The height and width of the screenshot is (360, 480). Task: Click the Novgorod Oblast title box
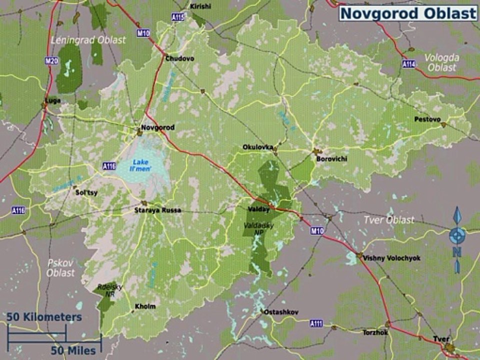click(408, 13)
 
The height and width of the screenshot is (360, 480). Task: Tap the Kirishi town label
click(200, 6)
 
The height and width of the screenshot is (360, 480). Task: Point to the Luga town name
click(53, 100)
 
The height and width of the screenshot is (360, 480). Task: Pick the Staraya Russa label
click(157, 210)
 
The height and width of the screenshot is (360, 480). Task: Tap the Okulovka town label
click(258, 147)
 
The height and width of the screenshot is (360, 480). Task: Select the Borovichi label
click(332, 159)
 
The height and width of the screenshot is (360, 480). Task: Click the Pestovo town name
click(427, 119)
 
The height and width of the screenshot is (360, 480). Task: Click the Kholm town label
click(145, 306)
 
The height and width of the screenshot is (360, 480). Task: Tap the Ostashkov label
click(281, 312)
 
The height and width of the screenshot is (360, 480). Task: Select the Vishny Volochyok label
click(392, 258)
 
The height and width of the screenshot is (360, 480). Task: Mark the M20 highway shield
click(51, 61)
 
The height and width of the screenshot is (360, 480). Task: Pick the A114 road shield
click(408, 64)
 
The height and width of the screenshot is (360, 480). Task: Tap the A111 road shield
click(316, 323)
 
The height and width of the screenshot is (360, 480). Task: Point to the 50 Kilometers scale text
click(44, 317)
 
